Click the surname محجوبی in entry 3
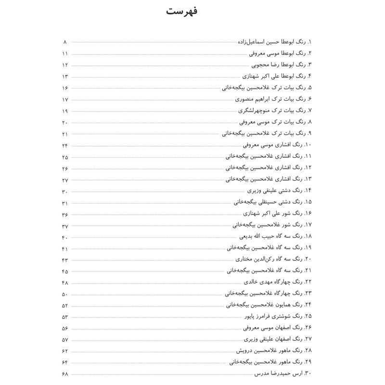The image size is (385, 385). click(262, 64)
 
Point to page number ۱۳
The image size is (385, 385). click(65, 76)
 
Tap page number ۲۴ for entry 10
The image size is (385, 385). click(65, 145)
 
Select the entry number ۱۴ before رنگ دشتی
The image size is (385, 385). click(308, 191)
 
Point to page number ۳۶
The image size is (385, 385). click(65, 214)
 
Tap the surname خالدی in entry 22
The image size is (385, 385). click(253, 282)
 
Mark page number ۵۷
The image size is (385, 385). click(65, 339)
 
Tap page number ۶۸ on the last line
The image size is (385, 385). click(65, 373)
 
